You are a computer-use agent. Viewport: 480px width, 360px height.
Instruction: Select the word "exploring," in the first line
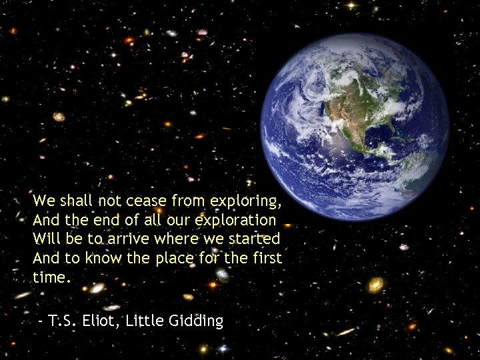tap(246, 201)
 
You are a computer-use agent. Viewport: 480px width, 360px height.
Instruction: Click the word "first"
tap(267, 258)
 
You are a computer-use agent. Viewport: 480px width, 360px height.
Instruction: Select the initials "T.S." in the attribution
tap(64, 321)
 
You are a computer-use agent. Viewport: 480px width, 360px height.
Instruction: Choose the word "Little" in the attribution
tap(146, 321)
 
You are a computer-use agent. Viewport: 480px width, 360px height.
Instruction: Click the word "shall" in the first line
tap(77, 200)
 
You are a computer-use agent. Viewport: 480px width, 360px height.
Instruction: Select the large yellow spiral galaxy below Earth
tap(376, 285)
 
